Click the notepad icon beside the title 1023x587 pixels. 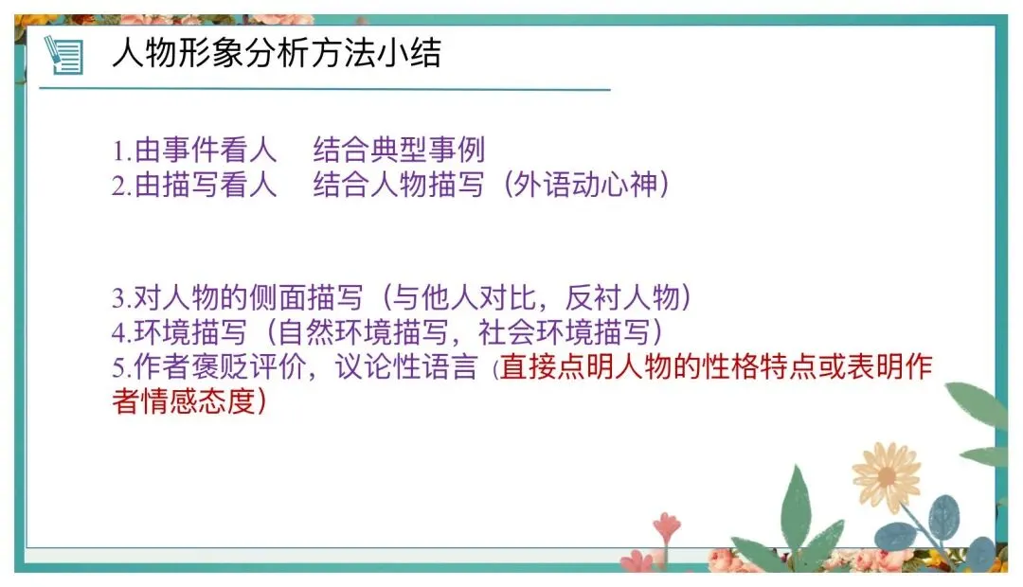[x=64, y=55]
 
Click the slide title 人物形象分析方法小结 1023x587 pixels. [x=276, y=54]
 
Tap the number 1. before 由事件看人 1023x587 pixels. [x=119, y=151]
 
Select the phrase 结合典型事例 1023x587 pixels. [x=399, y=150]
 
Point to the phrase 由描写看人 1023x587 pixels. [x=206, y=186]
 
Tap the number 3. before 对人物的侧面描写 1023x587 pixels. [x=119, y=299]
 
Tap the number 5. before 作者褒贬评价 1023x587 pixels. [x=119, y=367]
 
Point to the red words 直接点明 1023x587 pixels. [x=545, y=367]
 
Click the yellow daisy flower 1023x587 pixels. [x=886, y=476]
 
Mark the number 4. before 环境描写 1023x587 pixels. [x=119, y=333]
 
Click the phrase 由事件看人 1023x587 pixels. [x=206, y=150]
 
